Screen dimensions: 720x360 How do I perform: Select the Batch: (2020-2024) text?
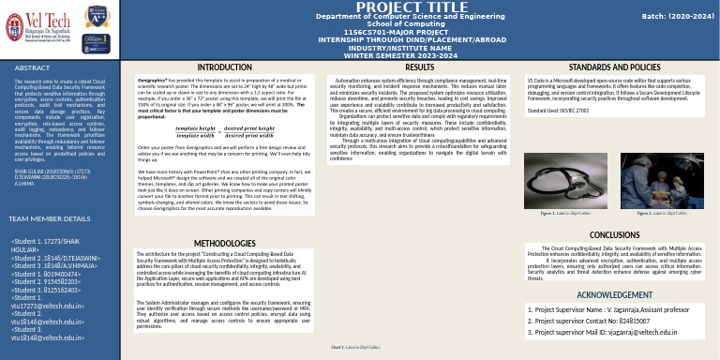click(x=667, y=16)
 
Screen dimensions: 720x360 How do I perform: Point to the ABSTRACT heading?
click(x=33, y=69)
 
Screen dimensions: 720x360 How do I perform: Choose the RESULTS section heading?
click(x=419, y=68)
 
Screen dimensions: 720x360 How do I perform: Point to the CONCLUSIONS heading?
click(x=614, y=234)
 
